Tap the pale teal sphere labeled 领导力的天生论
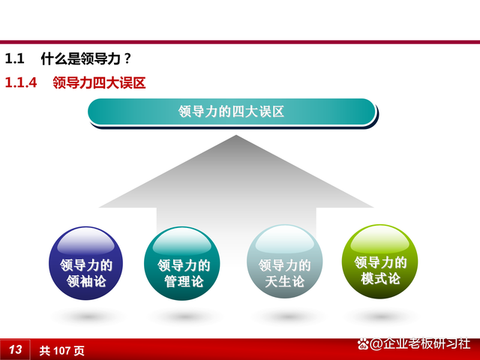point(285,265)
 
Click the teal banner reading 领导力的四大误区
point(232,112)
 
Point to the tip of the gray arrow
point(236,136)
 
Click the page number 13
point(16,349)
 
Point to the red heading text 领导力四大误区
point(99,83)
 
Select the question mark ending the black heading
point(128,58)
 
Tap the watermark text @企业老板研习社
point(419,344)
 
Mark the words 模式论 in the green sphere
point(381,279)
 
